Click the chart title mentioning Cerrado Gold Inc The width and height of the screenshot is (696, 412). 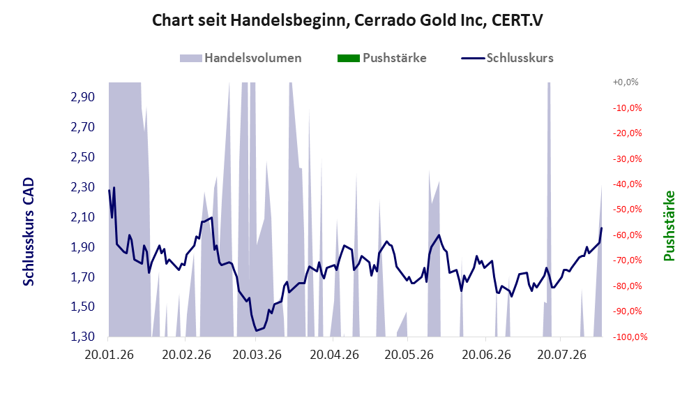(x=347, y=20)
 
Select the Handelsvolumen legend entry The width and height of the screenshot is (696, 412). (x=241, y=58)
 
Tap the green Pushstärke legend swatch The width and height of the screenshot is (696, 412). (x=349, y=58)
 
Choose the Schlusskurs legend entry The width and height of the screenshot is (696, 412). (x=507, y=58)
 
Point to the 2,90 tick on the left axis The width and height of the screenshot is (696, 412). (x=83, y=97)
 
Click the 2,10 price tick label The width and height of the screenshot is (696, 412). (x=83, y=217)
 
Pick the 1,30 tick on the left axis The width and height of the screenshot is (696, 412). (x=83, y=337)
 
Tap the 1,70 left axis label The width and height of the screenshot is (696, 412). (x=83, y=277)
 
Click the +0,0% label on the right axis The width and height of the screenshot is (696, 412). (x=626, y=82)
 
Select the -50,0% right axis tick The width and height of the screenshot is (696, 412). (x=627, y=209)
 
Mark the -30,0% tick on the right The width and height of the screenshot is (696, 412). (x=627, y=159)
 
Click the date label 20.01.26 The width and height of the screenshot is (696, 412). (x=109, y=355)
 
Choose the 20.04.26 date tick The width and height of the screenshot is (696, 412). (x=334, y=355)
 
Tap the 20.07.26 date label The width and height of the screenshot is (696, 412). (x=561, y=355)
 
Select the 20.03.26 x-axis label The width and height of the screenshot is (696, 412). (x=257, y=355)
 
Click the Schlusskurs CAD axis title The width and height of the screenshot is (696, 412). (x=29, y=232)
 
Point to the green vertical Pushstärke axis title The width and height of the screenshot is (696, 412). (x=669, y=226)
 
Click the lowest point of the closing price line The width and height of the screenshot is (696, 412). (x=256, y=331)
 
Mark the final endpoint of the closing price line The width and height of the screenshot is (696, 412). (x=602, y=228)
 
